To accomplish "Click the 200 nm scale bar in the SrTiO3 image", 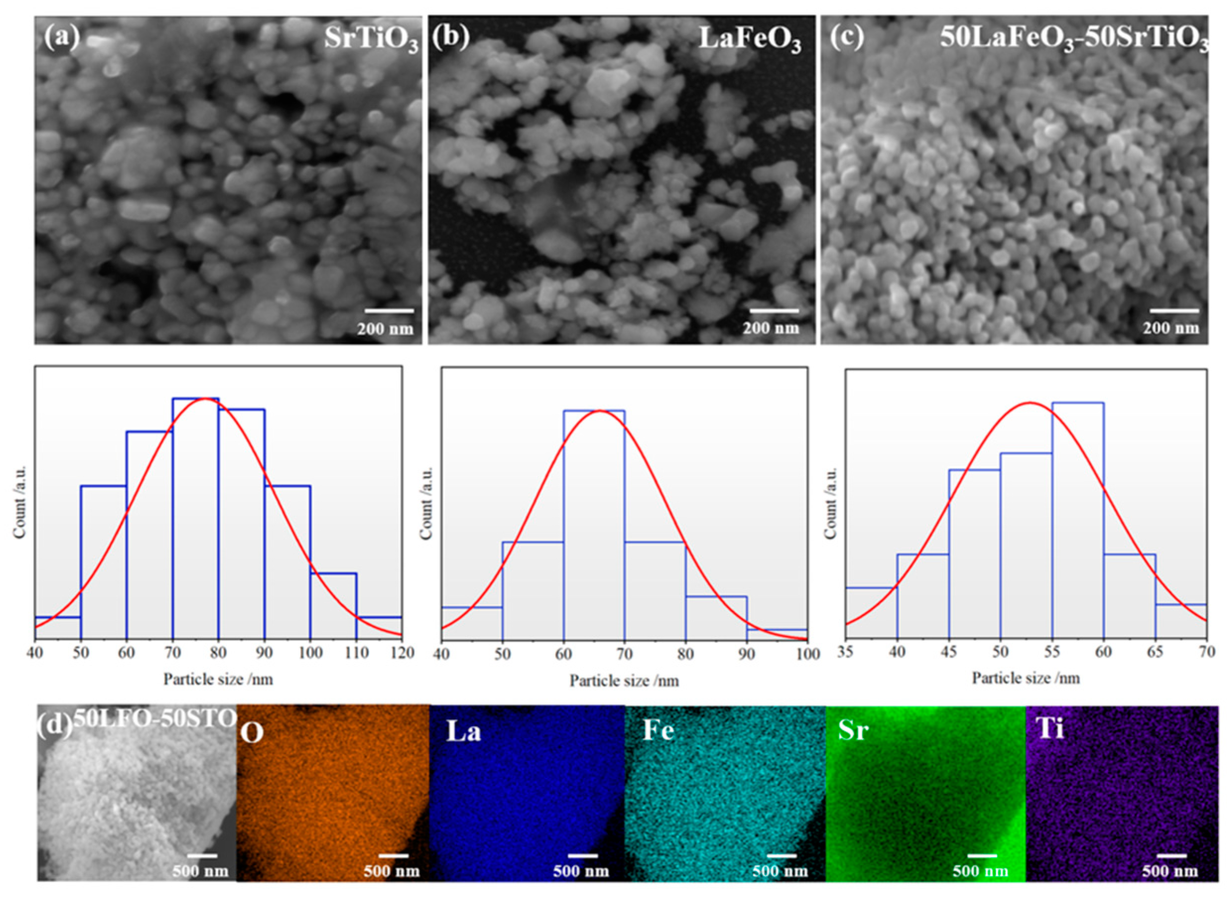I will [389, 311].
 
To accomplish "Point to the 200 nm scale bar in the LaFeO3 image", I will [774, 311].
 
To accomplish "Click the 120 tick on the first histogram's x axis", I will [402, 652].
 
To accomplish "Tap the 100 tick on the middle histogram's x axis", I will [808, 654].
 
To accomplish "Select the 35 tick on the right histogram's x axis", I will [846, 652].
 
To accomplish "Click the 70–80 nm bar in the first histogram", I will [195, 516].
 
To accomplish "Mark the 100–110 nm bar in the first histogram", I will [333, 603].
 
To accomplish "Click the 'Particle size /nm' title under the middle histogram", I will [624, 681].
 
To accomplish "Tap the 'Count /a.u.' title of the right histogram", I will [831, 503].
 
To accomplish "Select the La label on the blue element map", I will [463, 732].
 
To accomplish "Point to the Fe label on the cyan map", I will [658, 731].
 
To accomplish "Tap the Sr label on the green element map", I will [853, 731].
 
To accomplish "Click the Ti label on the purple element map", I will [1049, 730].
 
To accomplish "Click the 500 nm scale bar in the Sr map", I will [982, 855].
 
